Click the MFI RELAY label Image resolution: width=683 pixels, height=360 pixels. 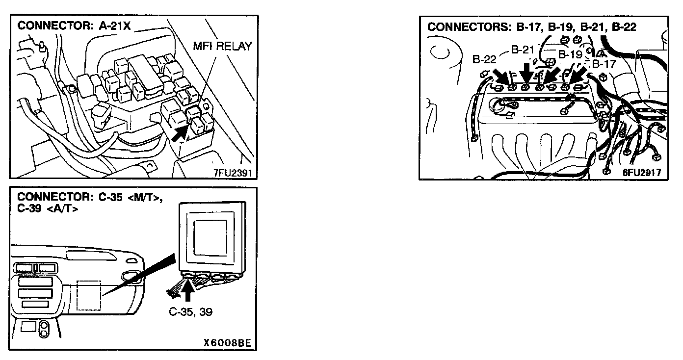coord(223,46)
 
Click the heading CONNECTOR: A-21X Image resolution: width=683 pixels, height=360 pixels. coord(74,26)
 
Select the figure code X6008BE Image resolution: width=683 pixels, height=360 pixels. coord(227,344)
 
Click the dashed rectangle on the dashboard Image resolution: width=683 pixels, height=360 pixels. coord(89,295)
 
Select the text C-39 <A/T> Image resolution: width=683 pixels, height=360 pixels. coord(47,208)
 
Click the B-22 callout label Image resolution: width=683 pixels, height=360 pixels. coord(485,59)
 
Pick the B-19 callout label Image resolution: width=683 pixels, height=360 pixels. coord(570,54)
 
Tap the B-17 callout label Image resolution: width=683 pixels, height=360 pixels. coord(604,64)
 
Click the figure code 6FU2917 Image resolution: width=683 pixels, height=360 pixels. coord(641,172)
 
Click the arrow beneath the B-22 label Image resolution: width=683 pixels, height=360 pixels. coord(503,77)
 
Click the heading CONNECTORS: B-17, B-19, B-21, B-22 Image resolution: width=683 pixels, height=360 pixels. coord(531,27)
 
